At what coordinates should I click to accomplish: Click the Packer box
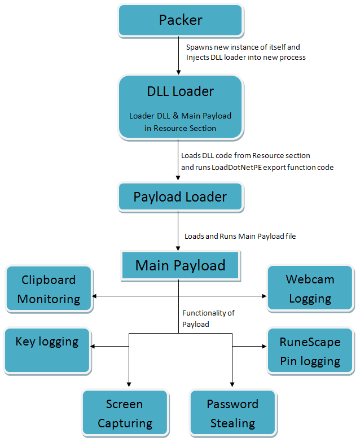tap(181, 20)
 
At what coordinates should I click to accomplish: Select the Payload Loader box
tap(180, 197)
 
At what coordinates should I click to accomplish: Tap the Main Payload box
tap(180, 265)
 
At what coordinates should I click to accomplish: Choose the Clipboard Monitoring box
tap(49, 289)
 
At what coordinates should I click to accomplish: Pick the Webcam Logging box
tap(310, 289)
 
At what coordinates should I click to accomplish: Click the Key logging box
tap(47, 349)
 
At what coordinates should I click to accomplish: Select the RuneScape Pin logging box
tap(310, 351)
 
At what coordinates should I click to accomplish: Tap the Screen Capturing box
tap(125, 413)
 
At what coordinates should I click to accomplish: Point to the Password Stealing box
tap(232, 413)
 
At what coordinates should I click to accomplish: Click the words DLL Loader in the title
tap(180, 91)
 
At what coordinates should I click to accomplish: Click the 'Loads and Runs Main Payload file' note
tap(240, 236)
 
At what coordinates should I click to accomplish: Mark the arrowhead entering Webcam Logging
tap(264, 295)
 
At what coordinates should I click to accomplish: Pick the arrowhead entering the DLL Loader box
tap(179, 72)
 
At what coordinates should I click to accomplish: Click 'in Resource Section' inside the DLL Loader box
tap(180, 128)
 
